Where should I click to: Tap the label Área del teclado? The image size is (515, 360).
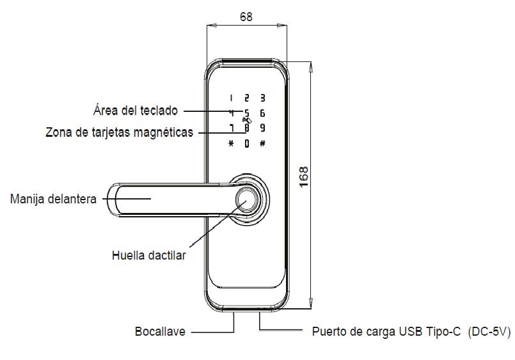[x=135, y=111]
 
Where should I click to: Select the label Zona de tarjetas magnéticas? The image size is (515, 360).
[x=119, y=133]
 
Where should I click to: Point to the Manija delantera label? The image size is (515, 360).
[x=53, y=199]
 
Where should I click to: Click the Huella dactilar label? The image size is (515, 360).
[x=148, y=256]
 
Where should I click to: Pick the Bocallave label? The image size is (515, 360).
[x=159, y=332]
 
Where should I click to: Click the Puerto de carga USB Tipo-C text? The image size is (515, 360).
[x=386, y=332]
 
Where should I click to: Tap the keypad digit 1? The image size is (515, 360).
[x=231, y=98]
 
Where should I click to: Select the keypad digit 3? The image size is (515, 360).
[x=262, y=98]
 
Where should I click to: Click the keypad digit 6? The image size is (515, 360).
[x=262, y=113]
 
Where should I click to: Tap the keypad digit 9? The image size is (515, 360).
[x=262, y=128]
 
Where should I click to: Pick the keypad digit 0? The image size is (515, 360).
[x=246, y=143]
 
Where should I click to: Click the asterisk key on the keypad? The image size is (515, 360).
[x=231, y=143]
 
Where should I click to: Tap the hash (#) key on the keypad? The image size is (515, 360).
[x=262, y=143]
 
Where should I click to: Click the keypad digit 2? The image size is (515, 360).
[x=246, y=98]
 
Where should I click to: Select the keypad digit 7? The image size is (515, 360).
[x=231, y=128]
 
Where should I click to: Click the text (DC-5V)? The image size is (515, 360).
[x=489, y=332]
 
